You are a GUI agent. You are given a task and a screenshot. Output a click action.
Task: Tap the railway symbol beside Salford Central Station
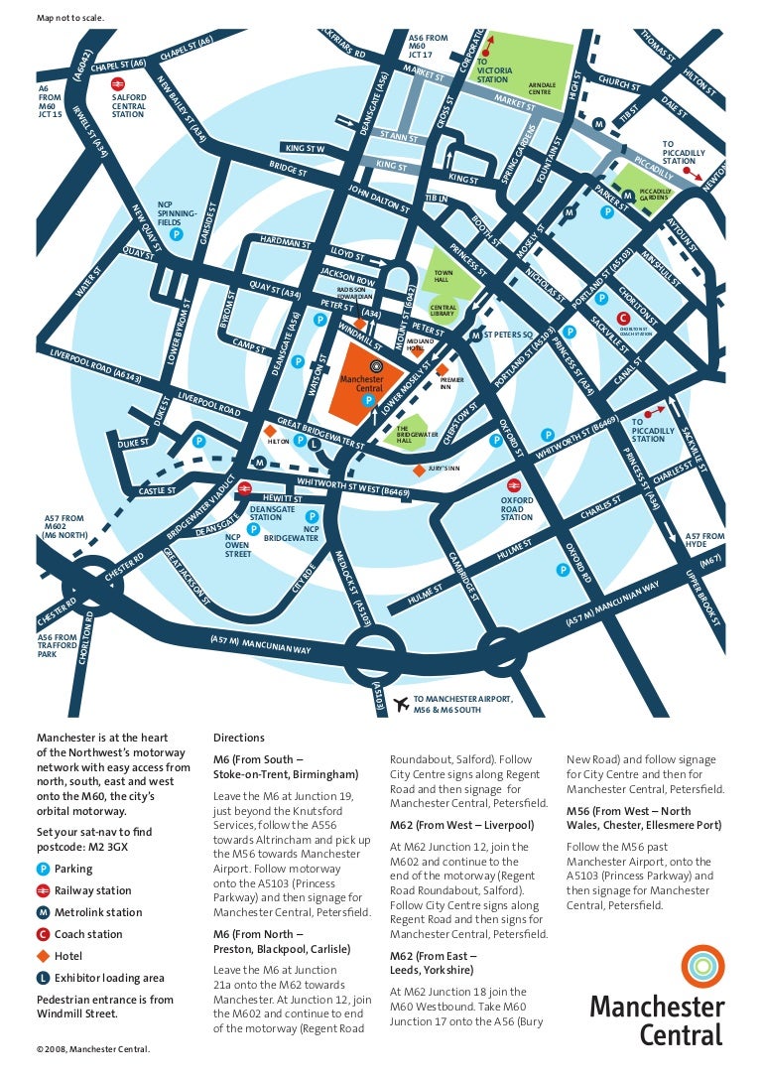(x=117, y=85)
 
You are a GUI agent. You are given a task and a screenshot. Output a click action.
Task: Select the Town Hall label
(x=443, y=276)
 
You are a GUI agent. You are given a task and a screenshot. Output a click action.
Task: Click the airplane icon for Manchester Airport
(x=401, y=704)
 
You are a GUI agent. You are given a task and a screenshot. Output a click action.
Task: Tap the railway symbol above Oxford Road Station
(x=514, y=484)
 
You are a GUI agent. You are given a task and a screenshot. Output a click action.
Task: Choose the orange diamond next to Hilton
(x=271, y=429)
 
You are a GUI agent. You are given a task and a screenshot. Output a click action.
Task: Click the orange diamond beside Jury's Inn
(x=418, y=470)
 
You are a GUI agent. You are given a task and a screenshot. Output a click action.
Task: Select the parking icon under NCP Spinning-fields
(x=176, y=235)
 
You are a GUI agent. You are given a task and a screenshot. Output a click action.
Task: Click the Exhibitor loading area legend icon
(x=43, y=978)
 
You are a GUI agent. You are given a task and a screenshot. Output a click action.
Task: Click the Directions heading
(x=239, y=738)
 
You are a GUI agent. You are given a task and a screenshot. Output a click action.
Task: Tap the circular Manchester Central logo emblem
(x=702, y=966)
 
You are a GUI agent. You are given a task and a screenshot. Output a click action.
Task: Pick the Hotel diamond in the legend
(x=43, y=956)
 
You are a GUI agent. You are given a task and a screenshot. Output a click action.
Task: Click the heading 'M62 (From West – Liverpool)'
(x=461, y=825)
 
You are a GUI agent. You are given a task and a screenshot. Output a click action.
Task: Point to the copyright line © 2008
(x=93, y=1048)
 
